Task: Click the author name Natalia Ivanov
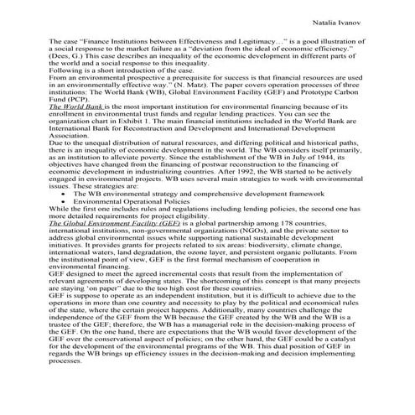click(348, 16)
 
